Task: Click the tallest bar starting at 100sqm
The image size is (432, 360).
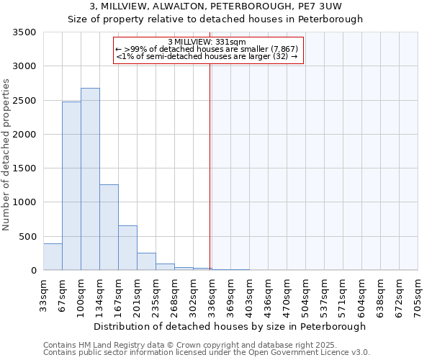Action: [90, 179]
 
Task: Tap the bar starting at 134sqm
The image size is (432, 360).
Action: [109, 228]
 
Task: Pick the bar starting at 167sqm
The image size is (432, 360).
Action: [127, 248]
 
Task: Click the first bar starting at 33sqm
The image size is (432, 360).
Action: [53, 257]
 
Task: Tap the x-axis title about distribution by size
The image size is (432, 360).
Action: [230, 326]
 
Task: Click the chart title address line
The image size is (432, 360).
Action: [215, 6]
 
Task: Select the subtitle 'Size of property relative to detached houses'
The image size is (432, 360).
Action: [215, 19]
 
